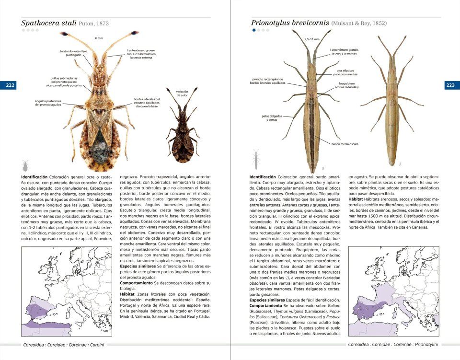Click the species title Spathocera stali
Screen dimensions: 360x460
[48, 23]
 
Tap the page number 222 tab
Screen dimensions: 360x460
[10, 85]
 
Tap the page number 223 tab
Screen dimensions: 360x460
[450, 85]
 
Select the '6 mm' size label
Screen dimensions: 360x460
[99, 38]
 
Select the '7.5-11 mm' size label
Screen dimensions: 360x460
[311, 39]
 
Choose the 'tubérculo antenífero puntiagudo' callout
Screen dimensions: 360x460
[73, 53]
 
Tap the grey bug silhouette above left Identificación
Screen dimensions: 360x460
[25, 166]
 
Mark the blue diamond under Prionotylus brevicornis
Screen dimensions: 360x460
[254, 30]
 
